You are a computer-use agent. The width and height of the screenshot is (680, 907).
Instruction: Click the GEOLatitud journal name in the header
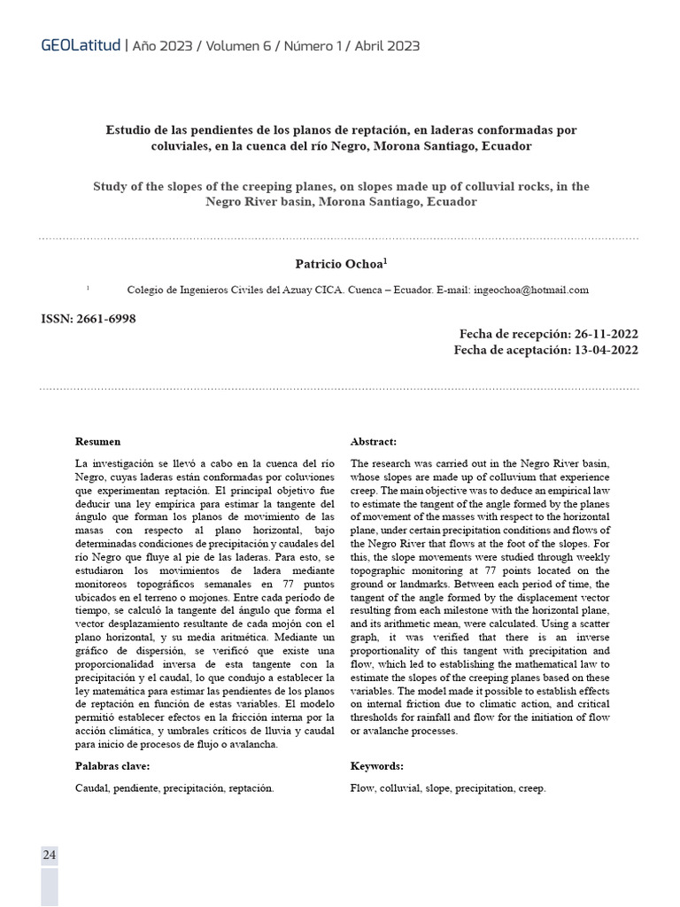pos(81,45)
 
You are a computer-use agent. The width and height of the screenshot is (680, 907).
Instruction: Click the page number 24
pos(49,855)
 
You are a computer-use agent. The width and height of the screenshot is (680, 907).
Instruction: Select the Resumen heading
pos(97,441)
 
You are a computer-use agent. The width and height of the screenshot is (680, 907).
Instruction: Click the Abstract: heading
pos(374,441)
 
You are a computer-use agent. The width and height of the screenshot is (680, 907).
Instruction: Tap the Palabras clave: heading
pos(112,766)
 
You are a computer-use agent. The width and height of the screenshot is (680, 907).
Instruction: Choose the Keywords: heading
pos(376,766)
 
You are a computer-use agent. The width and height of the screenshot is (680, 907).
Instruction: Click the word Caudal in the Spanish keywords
pos(91,787)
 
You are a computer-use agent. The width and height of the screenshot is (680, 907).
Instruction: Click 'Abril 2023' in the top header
pos(387,45)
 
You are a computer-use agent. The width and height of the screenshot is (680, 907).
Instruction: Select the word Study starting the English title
pos(110,187)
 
